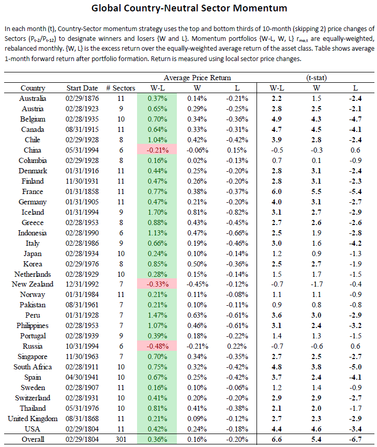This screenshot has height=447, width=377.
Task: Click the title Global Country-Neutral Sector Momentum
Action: [x=189, y=8]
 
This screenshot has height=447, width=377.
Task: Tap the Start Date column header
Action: [x=82, y=88]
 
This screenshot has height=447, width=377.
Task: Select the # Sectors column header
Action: [x=120, y=88]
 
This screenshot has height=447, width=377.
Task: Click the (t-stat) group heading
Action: [x=316, y=78]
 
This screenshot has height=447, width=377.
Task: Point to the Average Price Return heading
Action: [x=197, y=78]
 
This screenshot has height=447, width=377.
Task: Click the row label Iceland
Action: [x=33, y=212]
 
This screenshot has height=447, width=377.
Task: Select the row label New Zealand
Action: [x=33, y=284]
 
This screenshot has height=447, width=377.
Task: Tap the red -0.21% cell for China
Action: [x=157, y=150]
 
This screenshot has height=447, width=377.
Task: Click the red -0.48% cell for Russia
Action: [x=157, y=346]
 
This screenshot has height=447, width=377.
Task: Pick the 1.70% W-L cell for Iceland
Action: [x=157, y=212]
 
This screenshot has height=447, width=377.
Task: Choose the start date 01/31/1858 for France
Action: [x=82, y=191]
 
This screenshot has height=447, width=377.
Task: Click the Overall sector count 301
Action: [x=121, y=439]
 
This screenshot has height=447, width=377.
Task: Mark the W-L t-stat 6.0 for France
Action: [x=276, y=191]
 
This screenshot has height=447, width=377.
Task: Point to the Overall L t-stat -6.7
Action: [x=355, y=439]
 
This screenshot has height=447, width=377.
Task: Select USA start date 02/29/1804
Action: [x=82, y=429]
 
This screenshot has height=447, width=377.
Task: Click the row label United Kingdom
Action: [x=33, y=419]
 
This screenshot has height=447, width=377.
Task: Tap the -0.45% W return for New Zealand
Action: [x=197, y=284]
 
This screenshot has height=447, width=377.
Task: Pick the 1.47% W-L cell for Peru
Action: [x=157, y=315]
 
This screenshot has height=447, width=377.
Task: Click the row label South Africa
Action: [x=33, y=367]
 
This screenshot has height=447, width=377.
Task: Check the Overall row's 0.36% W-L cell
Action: [x=157, y=439]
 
